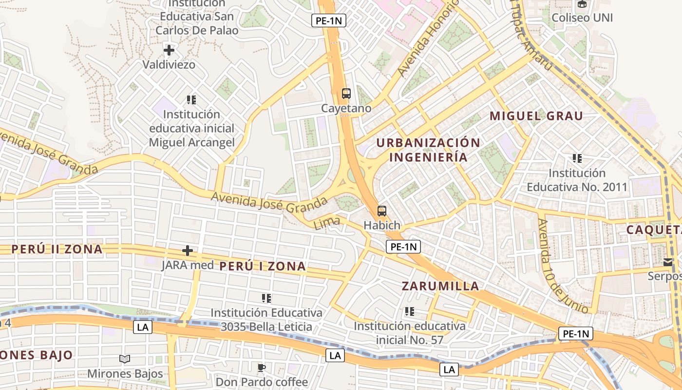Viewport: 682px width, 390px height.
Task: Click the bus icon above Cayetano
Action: (x=346, y=94)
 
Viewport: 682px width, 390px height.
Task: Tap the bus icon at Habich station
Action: (x=382, y=211)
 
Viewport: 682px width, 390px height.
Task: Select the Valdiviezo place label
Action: (x=169, y=64)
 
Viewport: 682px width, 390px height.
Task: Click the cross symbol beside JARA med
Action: (x=187, y=251)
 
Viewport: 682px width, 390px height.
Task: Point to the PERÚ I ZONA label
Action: (x=263, y=266)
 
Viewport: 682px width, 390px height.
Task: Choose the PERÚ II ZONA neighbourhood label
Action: (x=57, y=249)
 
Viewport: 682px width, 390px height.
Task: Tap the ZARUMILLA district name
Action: (x=440, y=286)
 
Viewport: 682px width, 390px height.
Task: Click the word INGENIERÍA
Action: (x=428, y=157)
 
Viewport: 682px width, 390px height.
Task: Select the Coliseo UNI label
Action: (x=582, y=18)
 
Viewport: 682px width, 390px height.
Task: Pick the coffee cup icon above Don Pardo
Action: (x=262, y=367)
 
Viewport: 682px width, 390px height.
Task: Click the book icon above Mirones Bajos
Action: (x=125, y=359)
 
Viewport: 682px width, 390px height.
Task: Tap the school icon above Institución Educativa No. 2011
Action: (x=577, y=158)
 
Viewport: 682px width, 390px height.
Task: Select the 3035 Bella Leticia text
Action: (x=266, y=327)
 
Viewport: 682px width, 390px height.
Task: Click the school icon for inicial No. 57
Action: (x=410, y=311)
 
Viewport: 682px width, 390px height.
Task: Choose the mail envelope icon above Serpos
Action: (x=667, y=262)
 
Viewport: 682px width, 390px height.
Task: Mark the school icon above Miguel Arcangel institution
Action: (x=191, y=100)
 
